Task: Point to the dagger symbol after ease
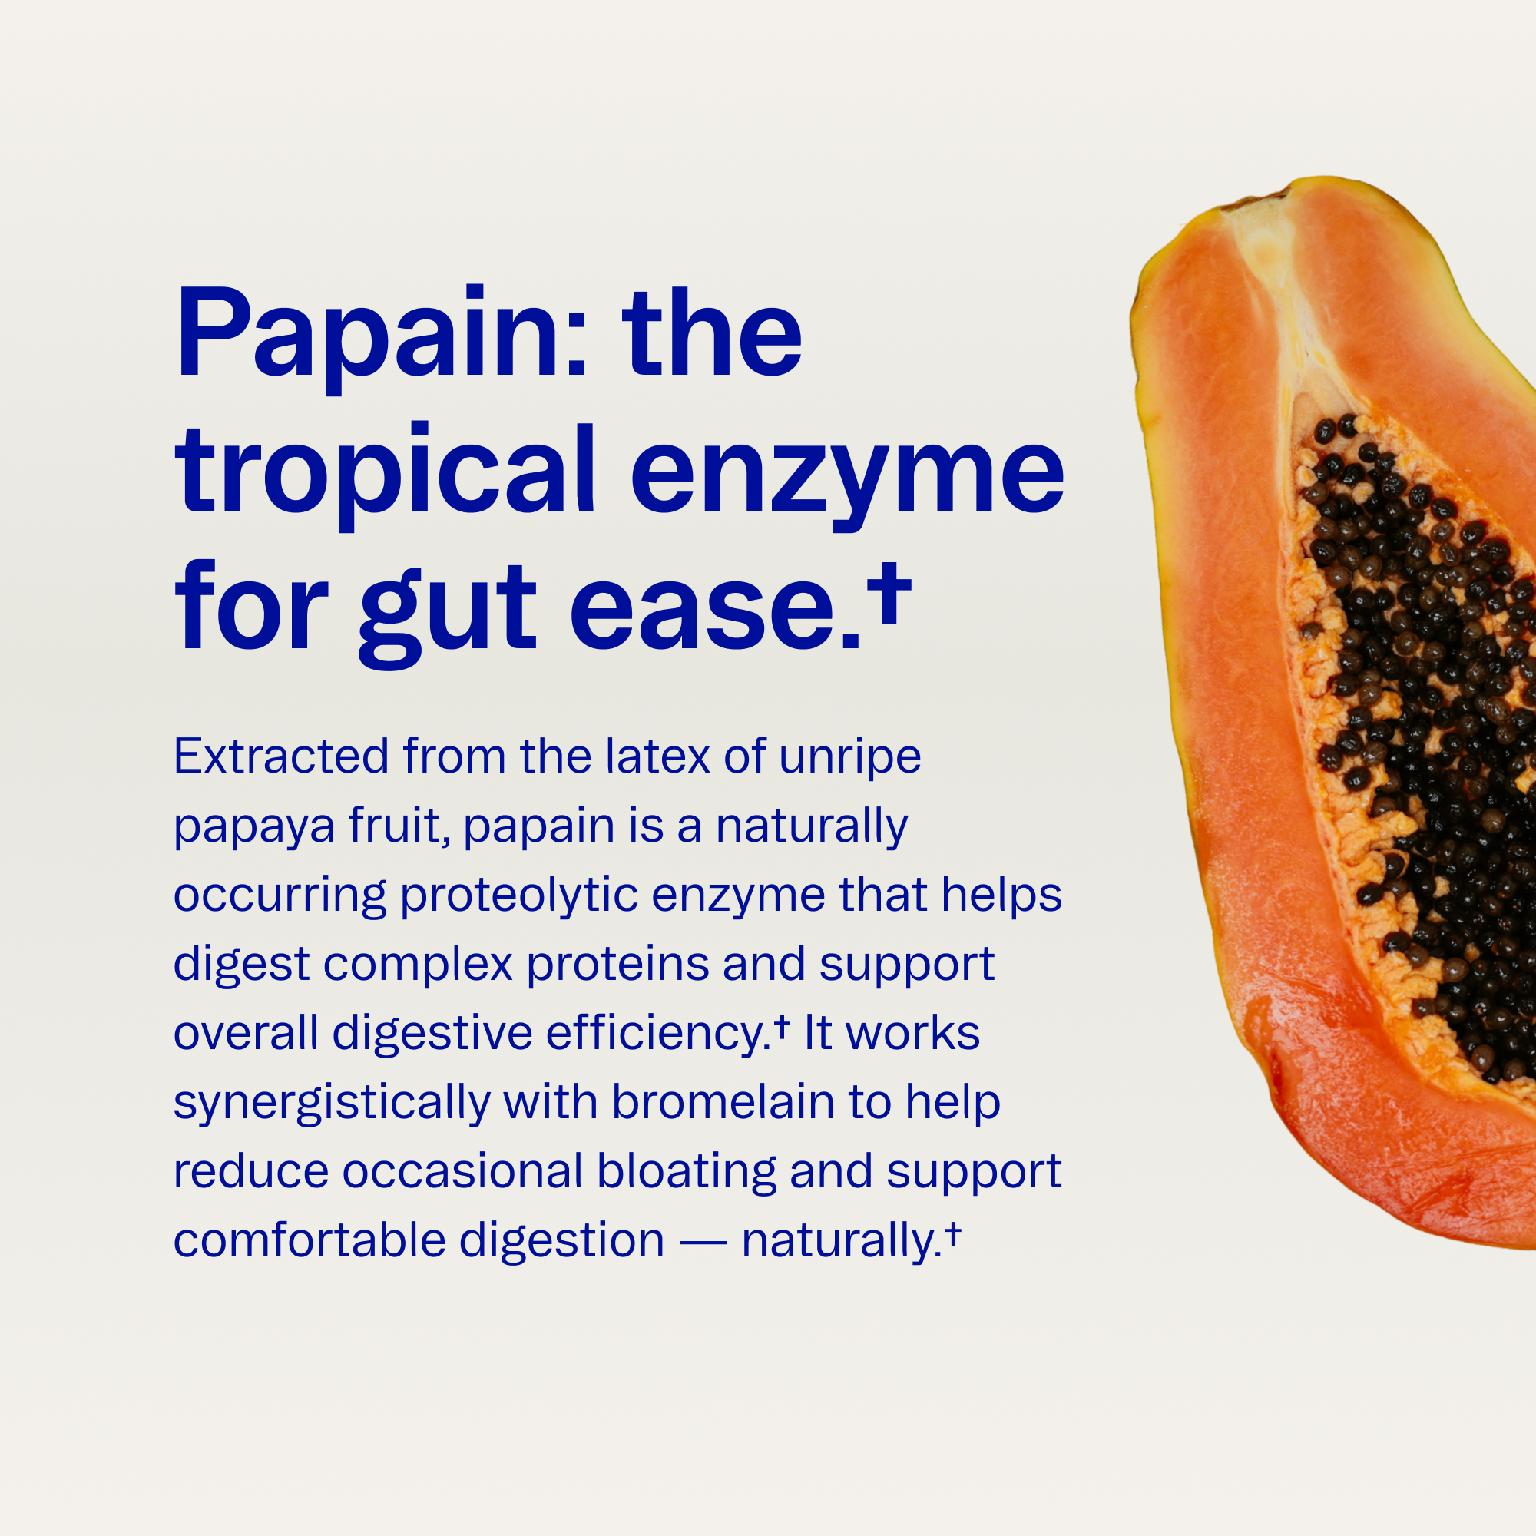(x=889, y=592)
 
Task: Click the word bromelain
(x=723, y=1103)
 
